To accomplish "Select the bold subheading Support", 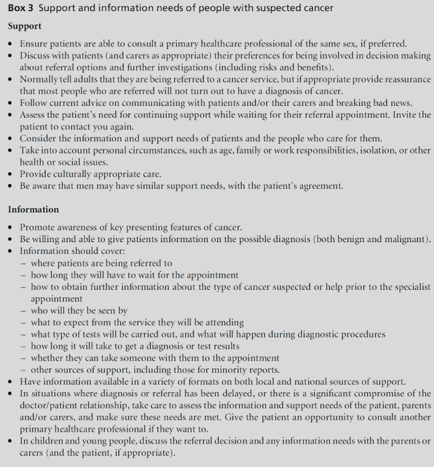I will point(25,27).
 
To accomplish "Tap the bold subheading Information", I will point(33,209).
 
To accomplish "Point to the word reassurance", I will point(404,79).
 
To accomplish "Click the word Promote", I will point(38,227).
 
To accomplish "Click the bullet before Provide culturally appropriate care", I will point(11,175).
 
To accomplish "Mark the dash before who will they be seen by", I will point(23,311).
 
